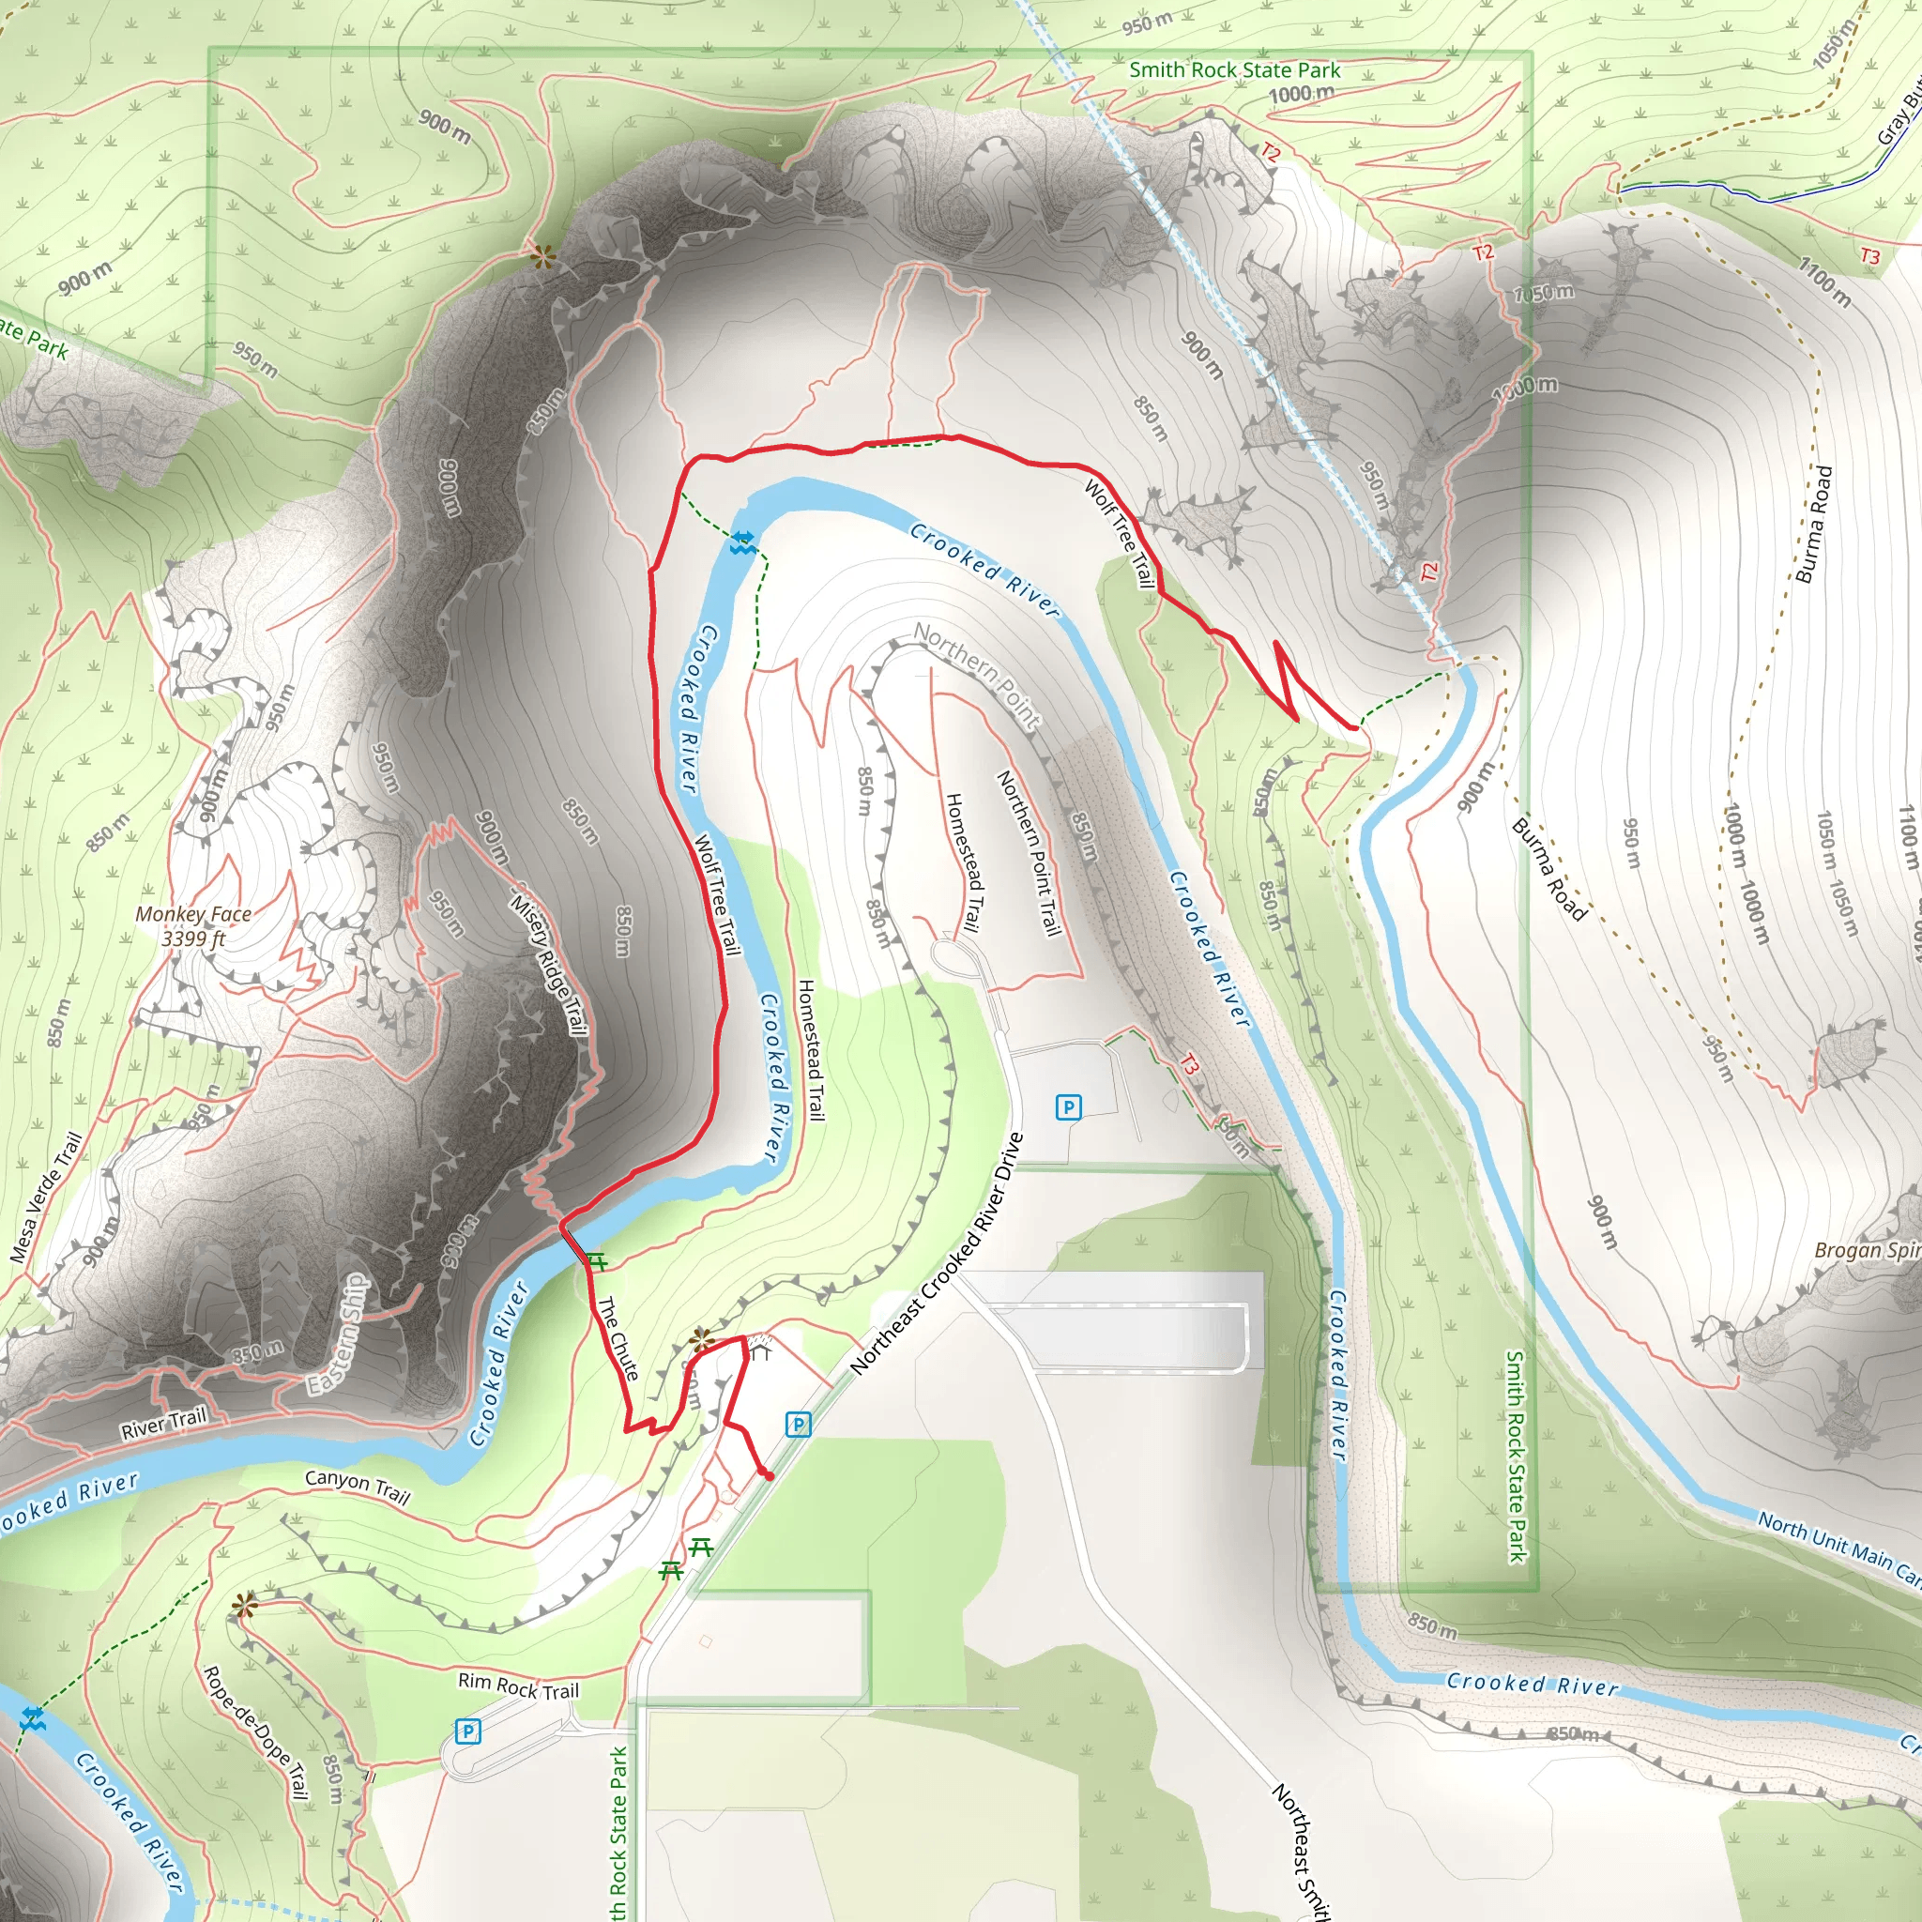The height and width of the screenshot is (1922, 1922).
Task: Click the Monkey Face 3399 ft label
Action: (x=193, y=926)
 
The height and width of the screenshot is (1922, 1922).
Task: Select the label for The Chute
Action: (x=618, y=1339)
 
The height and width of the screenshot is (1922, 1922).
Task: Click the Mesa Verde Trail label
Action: (x=46, y=1198)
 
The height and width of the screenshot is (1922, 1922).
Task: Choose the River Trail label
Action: (x=163, y=1424)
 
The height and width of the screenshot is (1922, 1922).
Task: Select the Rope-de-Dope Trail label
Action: (x=256, y=1732)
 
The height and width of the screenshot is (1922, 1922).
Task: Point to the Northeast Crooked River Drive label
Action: (x=938, y=1254)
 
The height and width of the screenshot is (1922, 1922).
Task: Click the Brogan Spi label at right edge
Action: (x=1867, y=1250)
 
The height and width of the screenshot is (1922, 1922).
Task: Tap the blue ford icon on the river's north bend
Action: (x=742, y=542)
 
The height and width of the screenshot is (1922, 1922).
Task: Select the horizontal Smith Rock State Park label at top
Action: (x=1235, y=70)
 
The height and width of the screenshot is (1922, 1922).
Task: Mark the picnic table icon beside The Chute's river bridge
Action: (x=596, y=1261)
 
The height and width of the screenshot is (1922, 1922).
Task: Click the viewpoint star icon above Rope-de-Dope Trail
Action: (x=244, y=1605)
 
